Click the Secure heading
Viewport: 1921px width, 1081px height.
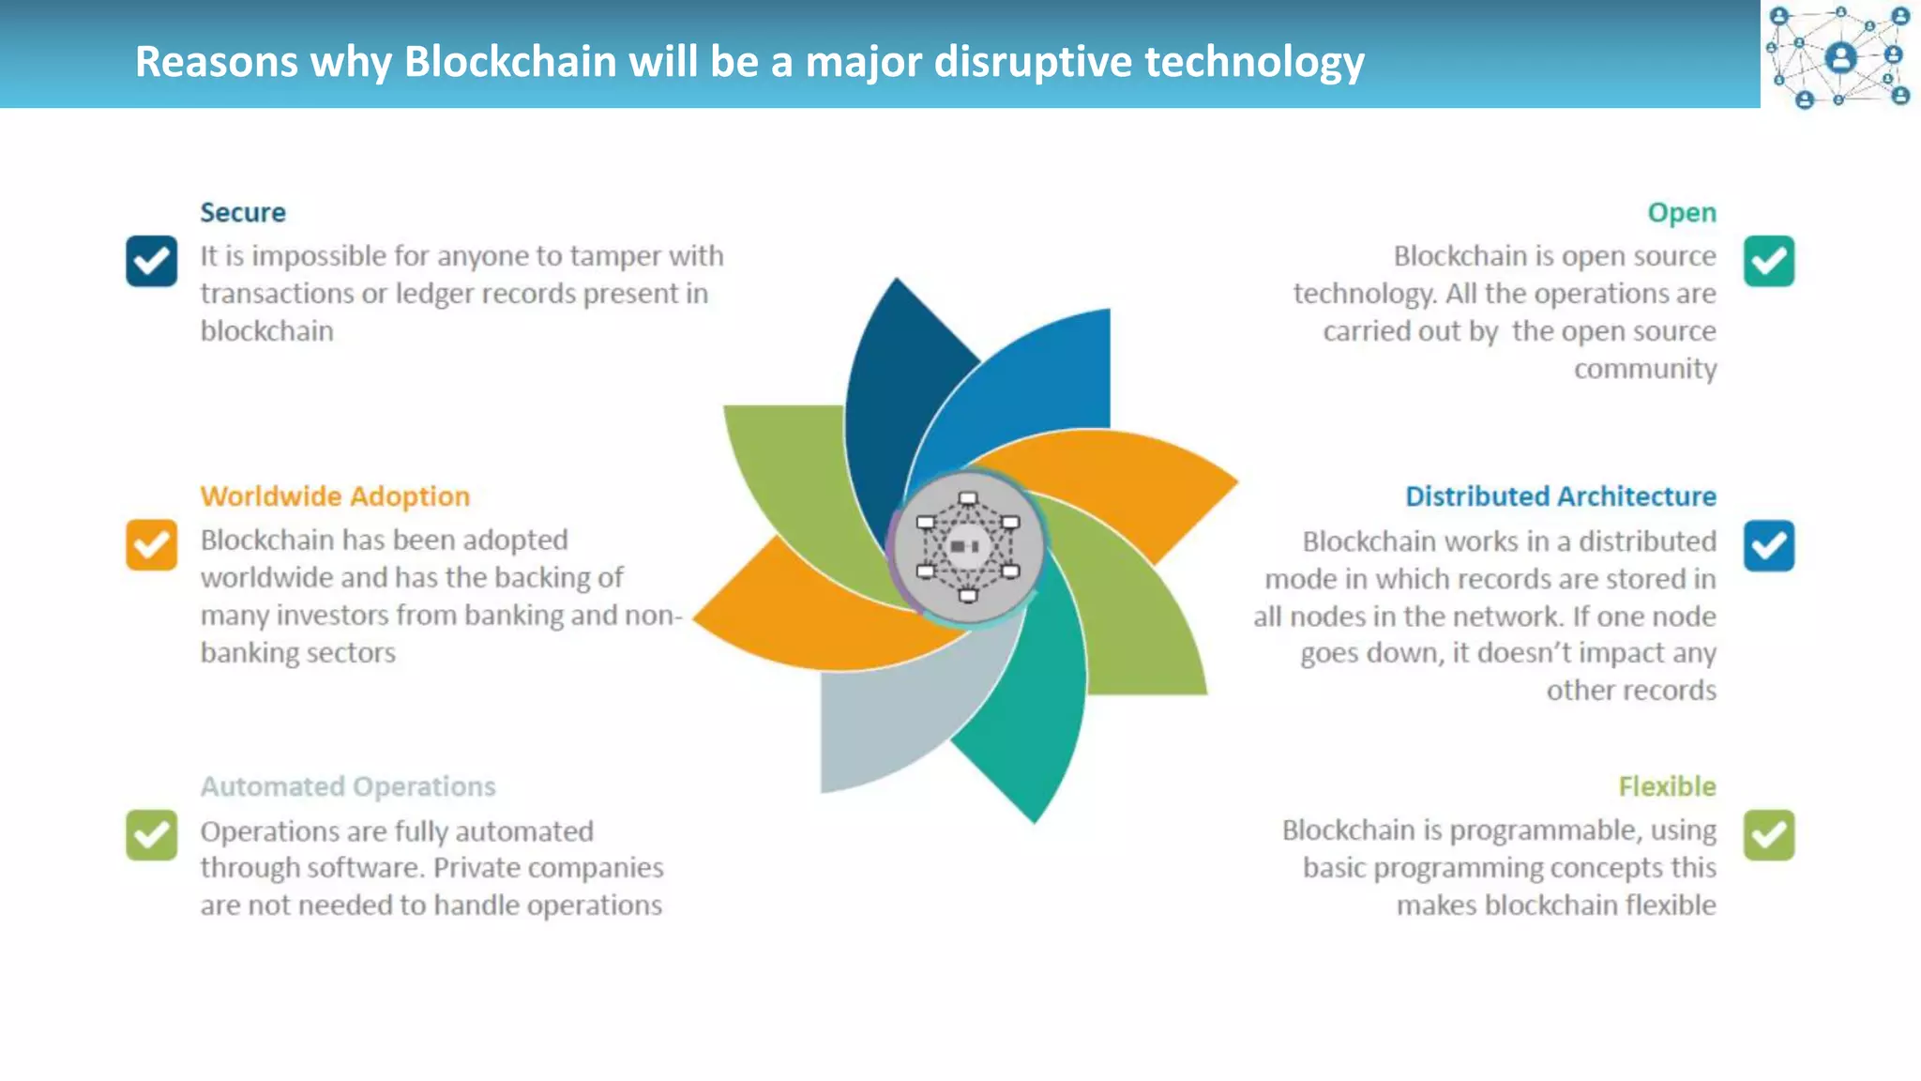point(242,213)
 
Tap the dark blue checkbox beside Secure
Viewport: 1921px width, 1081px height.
point(152,261)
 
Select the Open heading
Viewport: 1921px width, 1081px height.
point(1681,213)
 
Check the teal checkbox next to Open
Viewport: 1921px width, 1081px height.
point(1769,261)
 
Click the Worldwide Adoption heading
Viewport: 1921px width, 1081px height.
point(335,496)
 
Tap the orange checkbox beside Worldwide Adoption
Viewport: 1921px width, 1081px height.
point(152,545)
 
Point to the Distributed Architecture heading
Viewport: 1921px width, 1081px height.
point(1560,496)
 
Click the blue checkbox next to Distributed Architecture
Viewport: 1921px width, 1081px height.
point(1769,546)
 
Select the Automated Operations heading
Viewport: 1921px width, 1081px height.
point(348,786)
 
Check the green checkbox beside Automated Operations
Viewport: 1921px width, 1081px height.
point(152,835)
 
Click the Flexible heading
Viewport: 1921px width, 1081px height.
point(1667,786)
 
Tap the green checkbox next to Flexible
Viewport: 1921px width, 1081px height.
point(1769,835)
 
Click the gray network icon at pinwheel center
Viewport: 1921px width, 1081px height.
point(967,547)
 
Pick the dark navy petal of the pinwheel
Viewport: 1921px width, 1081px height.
point(891,394)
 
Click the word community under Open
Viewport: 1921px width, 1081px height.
point(1644,369)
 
